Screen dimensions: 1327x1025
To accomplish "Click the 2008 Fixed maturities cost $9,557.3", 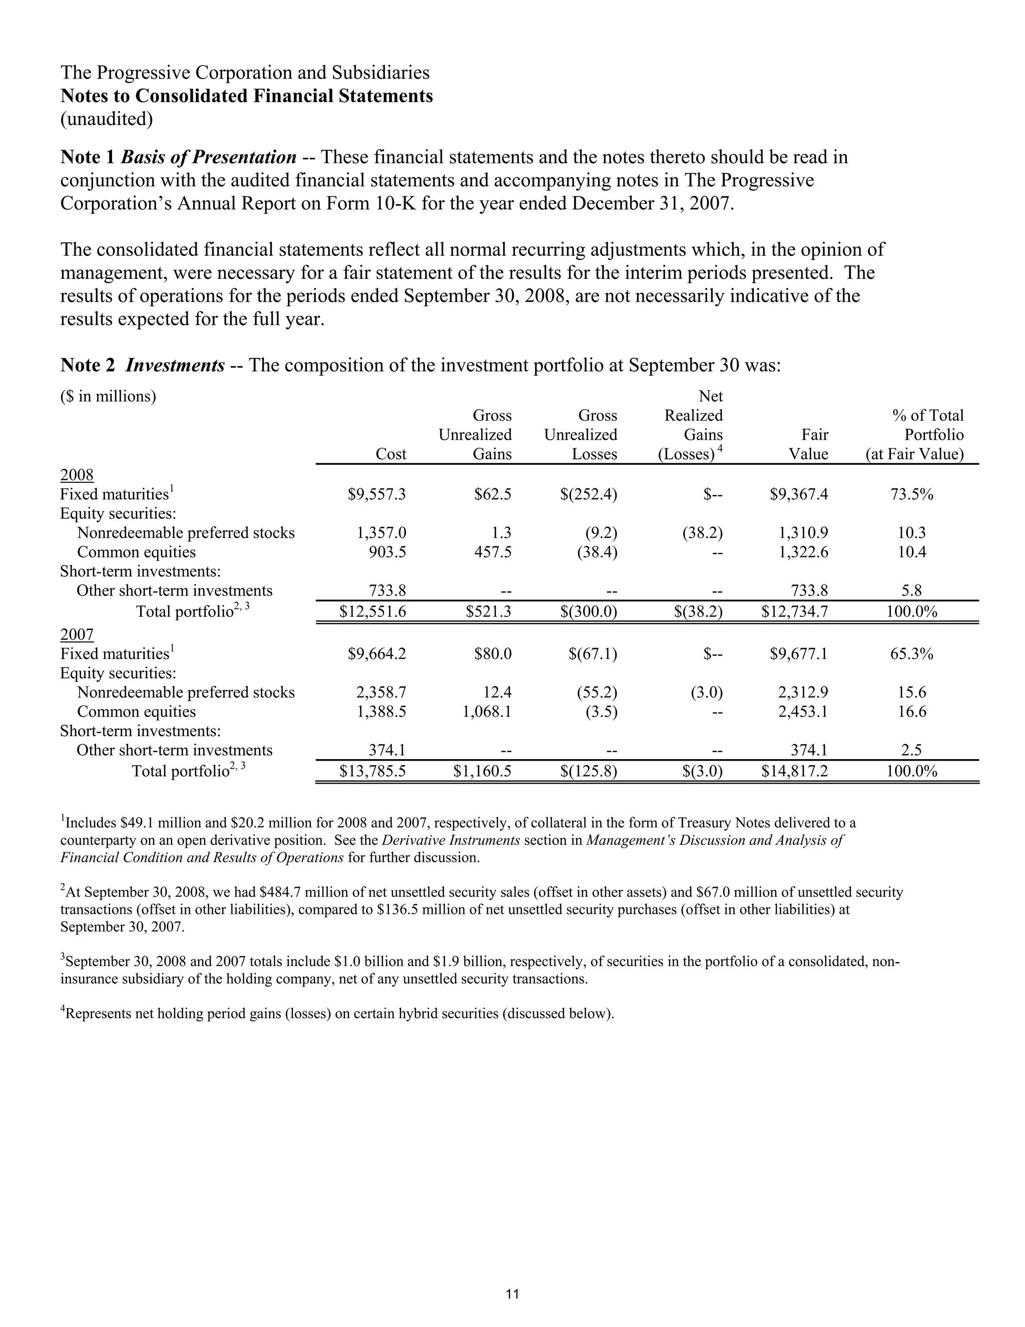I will [376, 495].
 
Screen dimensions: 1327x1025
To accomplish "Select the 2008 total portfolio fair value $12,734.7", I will [794, 612].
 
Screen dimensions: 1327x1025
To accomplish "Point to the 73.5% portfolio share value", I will [911, 495].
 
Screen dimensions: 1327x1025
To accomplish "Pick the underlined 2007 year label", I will [77, 635].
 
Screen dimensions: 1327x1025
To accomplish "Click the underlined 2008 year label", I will [77, 475].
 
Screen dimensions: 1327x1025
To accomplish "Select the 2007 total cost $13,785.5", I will [372, 772].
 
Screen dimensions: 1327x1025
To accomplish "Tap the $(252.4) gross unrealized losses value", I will [589, 495].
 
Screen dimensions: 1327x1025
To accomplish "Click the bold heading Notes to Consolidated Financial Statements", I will [247, 96].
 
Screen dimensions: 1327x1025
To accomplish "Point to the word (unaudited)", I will [106, 119].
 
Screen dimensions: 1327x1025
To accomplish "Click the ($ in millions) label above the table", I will [108, 397].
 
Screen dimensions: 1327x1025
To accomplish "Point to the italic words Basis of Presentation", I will [208, 157].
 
